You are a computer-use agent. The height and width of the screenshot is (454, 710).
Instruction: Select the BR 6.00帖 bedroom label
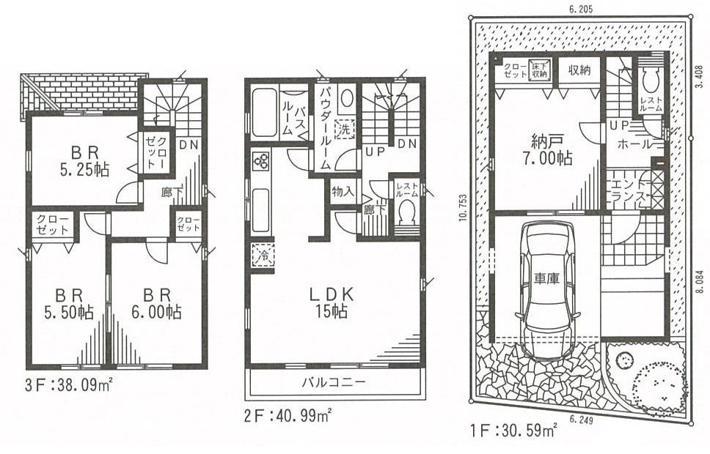click(x=158, y=303)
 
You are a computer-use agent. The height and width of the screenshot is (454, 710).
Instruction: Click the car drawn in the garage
click(x=547, y=289)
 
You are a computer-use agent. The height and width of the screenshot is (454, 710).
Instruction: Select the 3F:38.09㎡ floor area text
click(x=63, y=383)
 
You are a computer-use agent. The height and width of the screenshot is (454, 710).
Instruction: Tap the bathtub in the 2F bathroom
click(x=264, y=113)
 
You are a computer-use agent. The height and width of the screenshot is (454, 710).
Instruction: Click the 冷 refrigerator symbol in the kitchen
click(x=263, y=256)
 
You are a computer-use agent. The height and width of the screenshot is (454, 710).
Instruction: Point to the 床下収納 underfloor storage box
click(x=540, y=70)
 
